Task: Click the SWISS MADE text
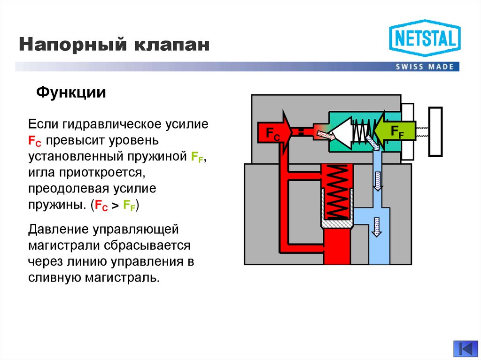[x=425, y=67]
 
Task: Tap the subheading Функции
[x=71, y=92]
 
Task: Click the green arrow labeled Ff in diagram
[x=395, y=130]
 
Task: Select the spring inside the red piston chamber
[x=336, y=192]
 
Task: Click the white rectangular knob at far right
[x=435, y=131]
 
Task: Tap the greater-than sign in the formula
[x=115, y=205]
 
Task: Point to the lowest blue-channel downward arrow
[x=376, y=227]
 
